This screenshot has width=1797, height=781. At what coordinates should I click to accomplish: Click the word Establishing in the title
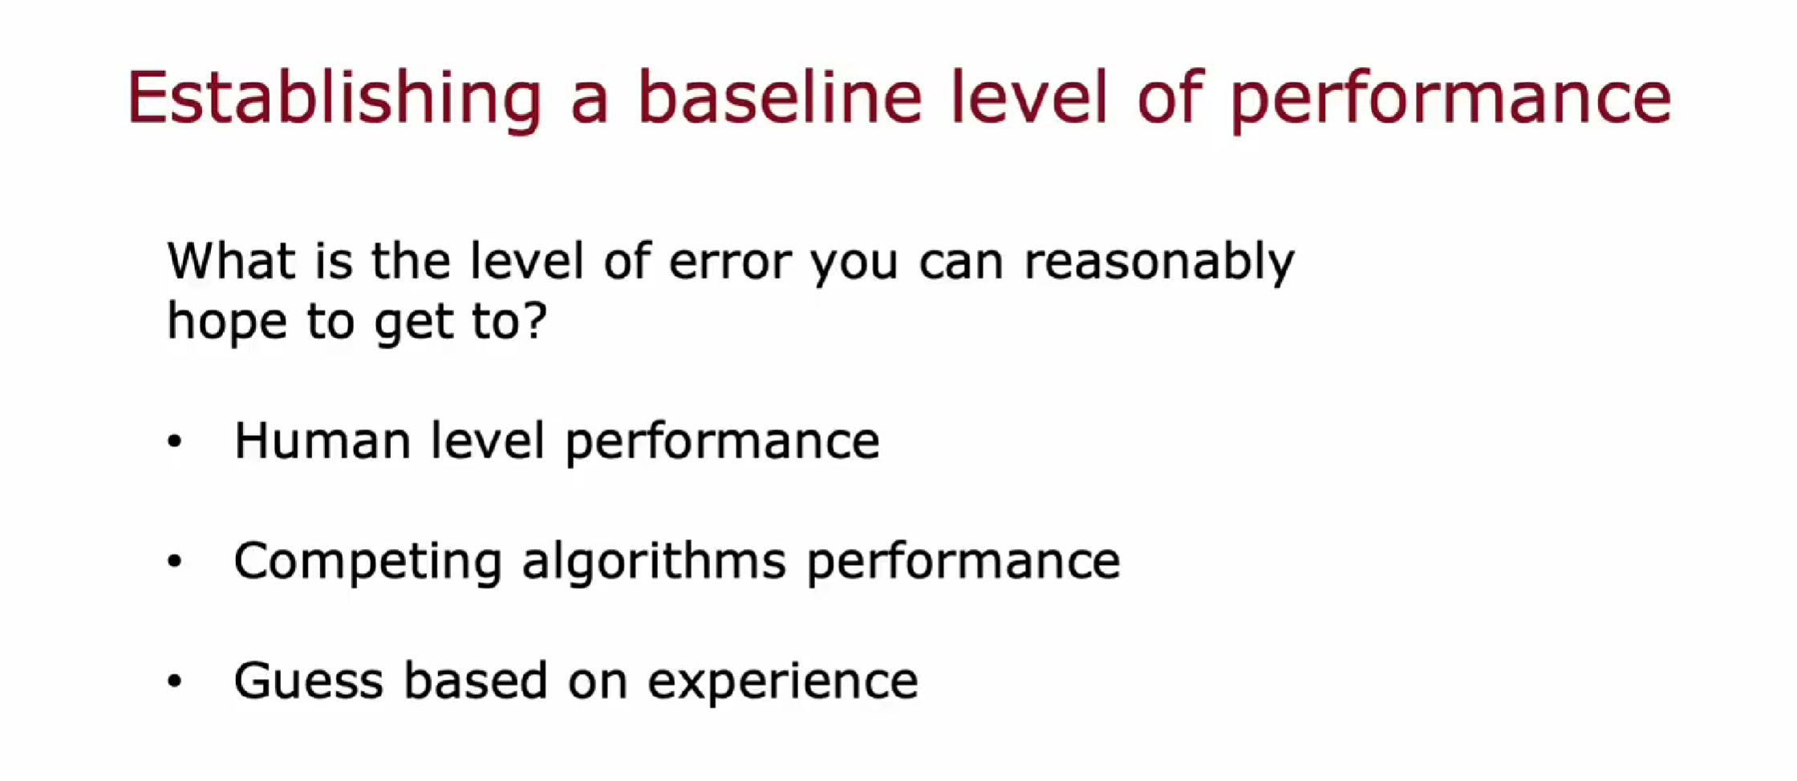tap(335, 99)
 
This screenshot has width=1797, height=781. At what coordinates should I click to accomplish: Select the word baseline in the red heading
tap(780, 97)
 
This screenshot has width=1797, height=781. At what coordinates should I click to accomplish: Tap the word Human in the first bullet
tap(322, 440)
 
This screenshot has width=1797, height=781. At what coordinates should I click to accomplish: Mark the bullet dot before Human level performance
tap(175, 441)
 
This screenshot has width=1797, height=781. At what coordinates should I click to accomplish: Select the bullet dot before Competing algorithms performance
tap(175, 561)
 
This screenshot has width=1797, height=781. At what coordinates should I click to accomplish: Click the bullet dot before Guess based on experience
tap(175, 681)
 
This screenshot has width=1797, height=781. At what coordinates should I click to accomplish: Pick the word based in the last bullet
tap(475, 681)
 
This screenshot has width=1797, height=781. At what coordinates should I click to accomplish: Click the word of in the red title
tap(1170, 97)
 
